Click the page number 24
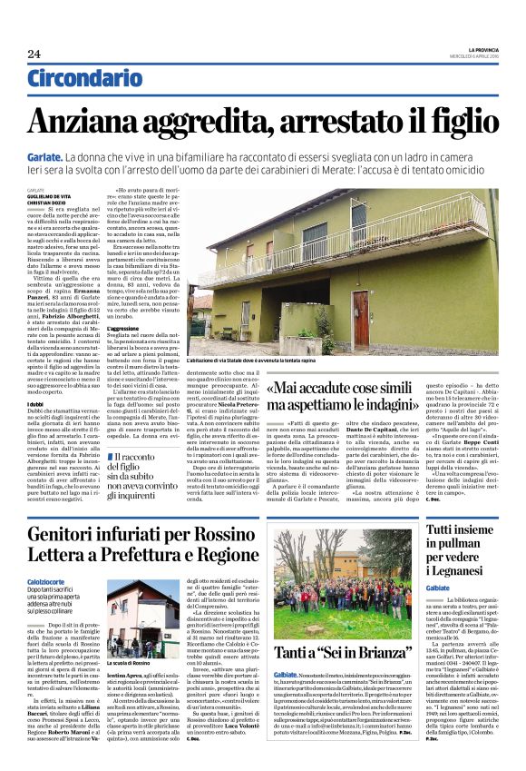point(34,54)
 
